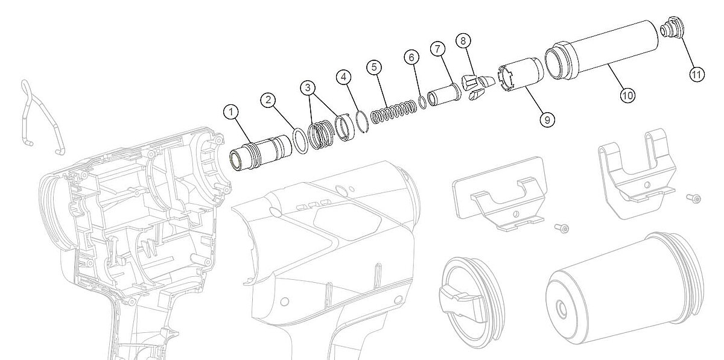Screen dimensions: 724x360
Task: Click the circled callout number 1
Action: (x=230, y=112)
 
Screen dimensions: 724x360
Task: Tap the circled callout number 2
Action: (x=268, y=100)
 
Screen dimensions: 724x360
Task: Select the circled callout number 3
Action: (x=307, y=87)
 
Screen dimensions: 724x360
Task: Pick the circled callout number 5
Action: (x=374, y=67)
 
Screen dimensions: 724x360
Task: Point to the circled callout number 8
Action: (x=463, y=41)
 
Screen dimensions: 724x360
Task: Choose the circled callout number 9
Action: (x=547, y=120)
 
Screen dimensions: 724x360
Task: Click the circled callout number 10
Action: (x=627, y=95)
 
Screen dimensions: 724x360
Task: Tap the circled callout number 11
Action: (x=696, y=75)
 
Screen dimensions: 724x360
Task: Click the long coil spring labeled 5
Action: (x=393, y=112)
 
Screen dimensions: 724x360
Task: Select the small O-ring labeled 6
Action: (x=422, y=103)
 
